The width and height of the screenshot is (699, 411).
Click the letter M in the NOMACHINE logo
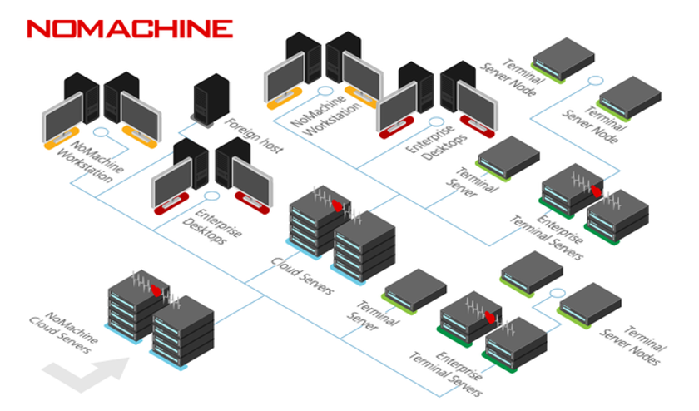(92, 29)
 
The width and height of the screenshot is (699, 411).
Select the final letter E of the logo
(222, 29)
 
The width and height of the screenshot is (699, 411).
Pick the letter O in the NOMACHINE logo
(65, 29)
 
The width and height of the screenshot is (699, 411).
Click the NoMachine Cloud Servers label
(64, 333)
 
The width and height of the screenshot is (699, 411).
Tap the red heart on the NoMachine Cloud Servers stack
(156, 290)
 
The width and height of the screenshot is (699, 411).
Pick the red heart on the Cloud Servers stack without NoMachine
(337, 206)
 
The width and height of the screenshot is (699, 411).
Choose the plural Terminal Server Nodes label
(633, 345)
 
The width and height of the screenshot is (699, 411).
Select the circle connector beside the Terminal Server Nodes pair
(558, 293)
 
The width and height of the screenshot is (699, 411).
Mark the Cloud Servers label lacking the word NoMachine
(303, 276)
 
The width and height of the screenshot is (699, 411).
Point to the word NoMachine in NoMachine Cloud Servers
(72, 328)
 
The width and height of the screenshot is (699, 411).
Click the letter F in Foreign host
(229, 121)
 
